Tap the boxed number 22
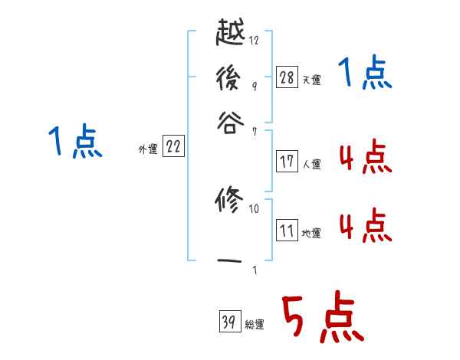coord(173,147)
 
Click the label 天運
coord(312,80)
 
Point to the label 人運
coord(312,164)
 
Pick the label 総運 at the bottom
coord(255,325)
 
